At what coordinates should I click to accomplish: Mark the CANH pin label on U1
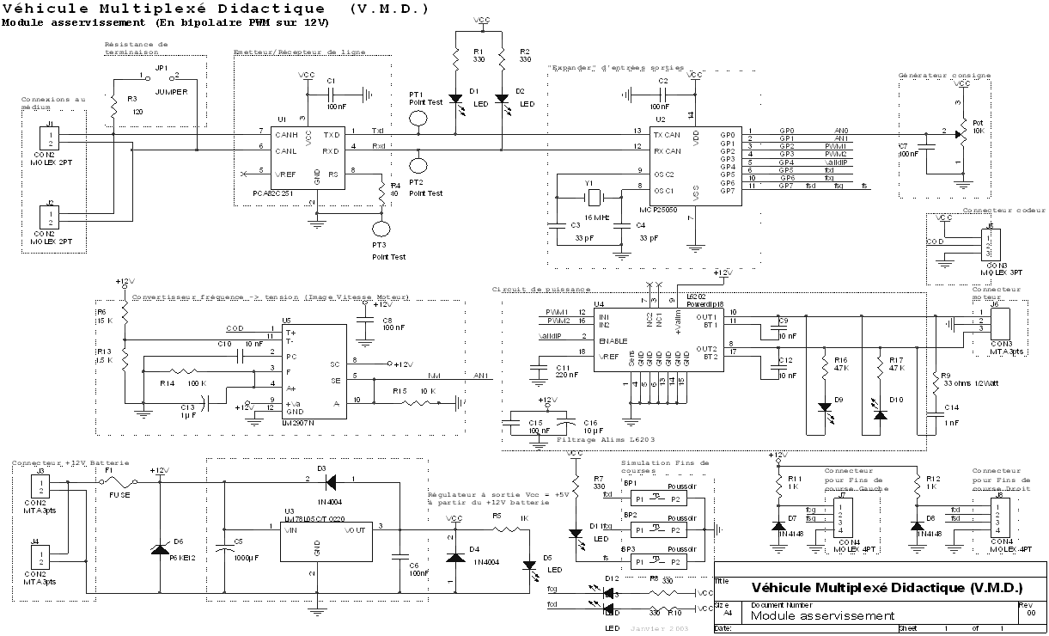point(285,134)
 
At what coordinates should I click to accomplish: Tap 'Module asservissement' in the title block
point(823,615)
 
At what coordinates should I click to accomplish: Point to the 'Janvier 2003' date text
point(653,629)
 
